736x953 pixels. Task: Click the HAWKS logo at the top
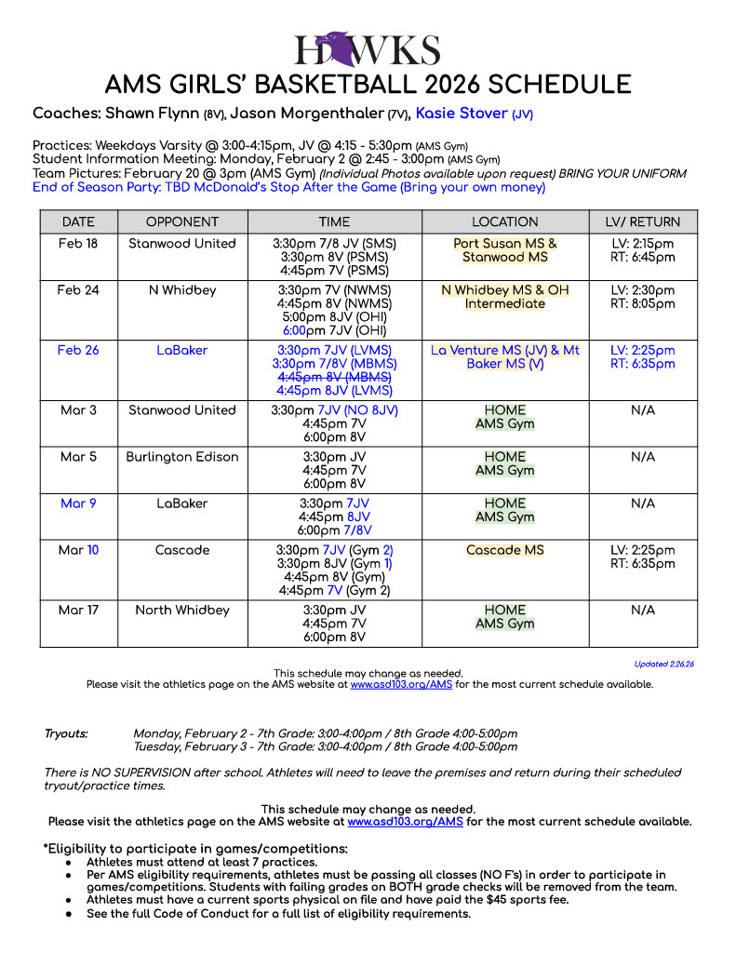click(368, 48)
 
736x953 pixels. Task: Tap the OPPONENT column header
click(182, 221)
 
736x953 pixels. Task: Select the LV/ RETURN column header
click(642, 221)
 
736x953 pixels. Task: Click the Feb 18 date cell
click(78, 244)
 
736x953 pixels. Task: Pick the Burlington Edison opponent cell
click(182, 457)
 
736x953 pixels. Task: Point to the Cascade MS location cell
click(505, 550)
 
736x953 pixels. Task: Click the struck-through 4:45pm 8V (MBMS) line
click(334, 378)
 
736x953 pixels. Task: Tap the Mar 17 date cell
click(78, 611)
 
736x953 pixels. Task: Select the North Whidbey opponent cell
click(182, 611)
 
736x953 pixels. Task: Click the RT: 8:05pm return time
click(642, 303)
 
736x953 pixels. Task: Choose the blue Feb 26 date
click(78, 351)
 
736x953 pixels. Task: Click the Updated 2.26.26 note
click(664, 664)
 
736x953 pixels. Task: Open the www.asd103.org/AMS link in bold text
click(405, 822)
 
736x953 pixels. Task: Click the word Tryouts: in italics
click(66, 733)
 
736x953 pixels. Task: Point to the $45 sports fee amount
click(549, 900)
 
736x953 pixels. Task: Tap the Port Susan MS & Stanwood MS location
click(505, 250)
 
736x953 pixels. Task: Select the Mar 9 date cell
click(78, 503)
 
